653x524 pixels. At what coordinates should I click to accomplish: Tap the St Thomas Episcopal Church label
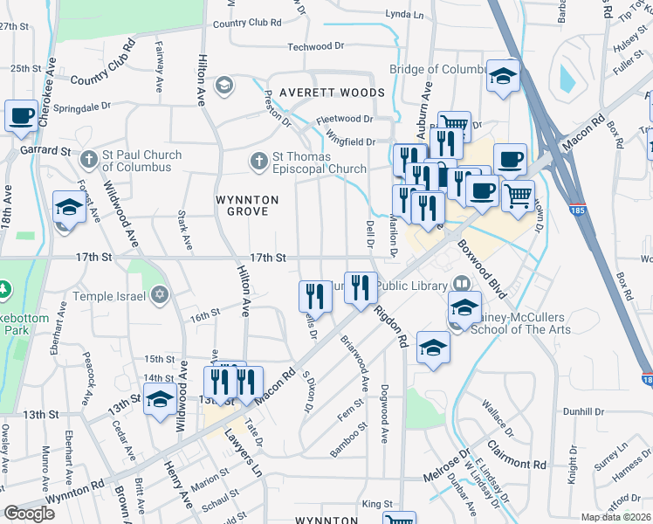(x=319, y=162)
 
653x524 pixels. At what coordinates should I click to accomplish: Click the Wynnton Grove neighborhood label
(x=247, y=206)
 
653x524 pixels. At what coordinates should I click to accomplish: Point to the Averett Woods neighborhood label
(x=332, y=93)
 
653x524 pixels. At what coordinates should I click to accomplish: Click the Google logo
(x=29, y=514)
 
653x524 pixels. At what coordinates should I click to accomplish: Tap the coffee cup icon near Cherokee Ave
(x=21, y=116)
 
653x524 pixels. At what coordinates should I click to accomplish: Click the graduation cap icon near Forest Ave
(x=69, y=208)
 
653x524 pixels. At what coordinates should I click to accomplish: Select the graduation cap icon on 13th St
(x=160, y=400)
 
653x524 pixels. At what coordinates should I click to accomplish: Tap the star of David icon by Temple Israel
(x=159, y=296)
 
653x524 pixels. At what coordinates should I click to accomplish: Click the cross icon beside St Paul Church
(x=87, y=161)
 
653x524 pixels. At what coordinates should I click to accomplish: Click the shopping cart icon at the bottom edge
(x=398, y=519)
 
